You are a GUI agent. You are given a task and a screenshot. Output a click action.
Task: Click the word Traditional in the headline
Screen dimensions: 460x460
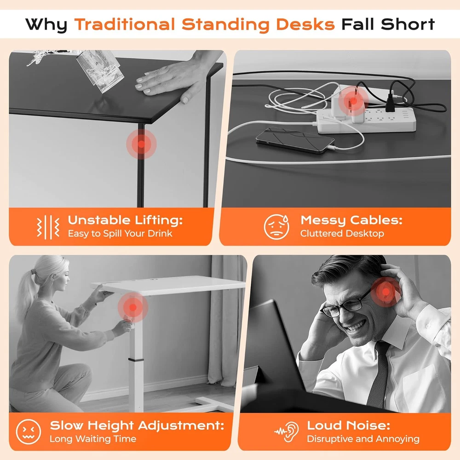125,24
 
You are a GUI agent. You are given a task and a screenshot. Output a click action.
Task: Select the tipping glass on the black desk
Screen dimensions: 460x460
100,70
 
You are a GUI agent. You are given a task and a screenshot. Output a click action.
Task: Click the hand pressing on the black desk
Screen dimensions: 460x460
173,78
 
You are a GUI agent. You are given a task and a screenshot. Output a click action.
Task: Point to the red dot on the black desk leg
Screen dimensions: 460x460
141,144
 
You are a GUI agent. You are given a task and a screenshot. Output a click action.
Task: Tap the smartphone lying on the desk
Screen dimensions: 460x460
295,140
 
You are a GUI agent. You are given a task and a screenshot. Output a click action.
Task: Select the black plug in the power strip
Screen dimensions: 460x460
390,103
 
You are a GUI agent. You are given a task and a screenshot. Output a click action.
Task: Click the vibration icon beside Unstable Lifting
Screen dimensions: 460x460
48,227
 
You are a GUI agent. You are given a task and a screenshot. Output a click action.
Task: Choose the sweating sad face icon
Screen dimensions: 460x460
276,226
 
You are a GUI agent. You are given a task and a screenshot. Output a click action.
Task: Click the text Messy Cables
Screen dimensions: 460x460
351,220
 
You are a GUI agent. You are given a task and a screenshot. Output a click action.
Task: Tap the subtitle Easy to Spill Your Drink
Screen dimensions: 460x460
120,234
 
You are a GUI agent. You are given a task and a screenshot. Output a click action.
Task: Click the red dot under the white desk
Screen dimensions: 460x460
133,307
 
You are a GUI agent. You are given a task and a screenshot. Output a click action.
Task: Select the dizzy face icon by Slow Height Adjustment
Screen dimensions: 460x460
29,431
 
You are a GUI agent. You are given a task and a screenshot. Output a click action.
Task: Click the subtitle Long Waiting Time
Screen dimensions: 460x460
93,439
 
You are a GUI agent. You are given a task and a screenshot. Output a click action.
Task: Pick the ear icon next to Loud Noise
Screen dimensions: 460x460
287,431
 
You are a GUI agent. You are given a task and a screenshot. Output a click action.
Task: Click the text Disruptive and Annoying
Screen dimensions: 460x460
363,439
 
